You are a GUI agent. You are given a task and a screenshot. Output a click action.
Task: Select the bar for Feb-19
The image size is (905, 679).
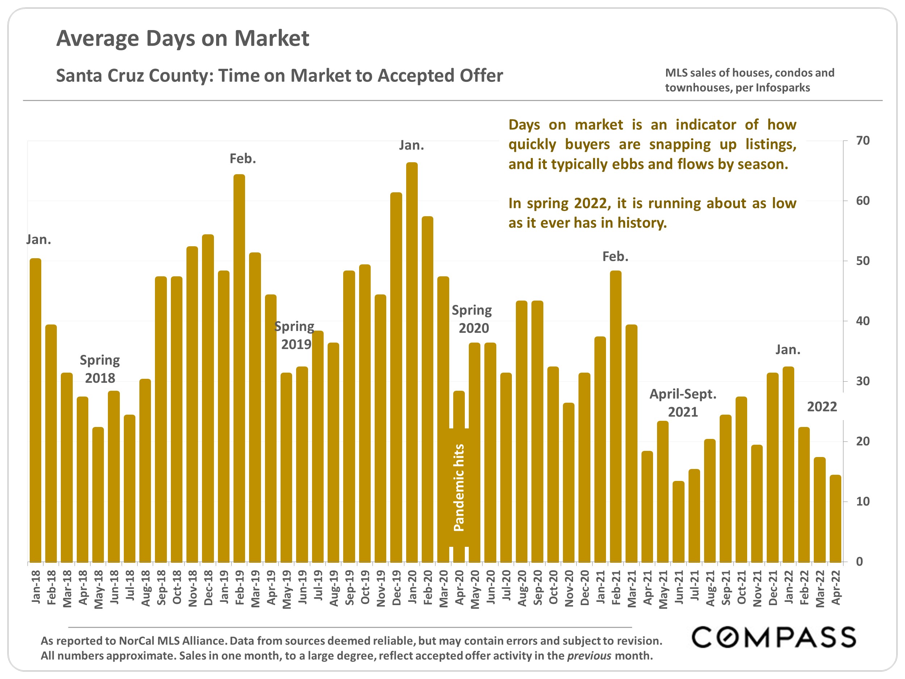click(x=239, y=368)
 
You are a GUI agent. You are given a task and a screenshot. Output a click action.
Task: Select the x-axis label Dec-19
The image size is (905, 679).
click(x=396, y=587)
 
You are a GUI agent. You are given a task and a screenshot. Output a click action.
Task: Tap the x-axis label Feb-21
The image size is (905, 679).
click(x=616, y=587)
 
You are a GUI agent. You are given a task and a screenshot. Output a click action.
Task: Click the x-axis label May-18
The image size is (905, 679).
click(x=98, y=589)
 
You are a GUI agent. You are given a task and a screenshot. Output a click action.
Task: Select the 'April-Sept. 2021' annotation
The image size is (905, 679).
click(x=683, y=403)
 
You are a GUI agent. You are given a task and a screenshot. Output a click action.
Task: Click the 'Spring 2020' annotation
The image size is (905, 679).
click(x=472, y=319)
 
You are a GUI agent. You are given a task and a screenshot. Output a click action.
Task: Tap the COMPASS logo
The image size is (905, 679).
click(x=774, y=637)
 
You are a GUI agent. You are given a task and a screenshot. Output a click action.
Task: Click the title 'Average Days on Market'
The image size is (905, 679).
click(x=182, y=39)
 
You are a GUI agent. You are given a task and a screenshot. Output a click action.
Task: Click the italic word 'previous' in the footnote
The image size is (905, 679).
click(x=589, y=656)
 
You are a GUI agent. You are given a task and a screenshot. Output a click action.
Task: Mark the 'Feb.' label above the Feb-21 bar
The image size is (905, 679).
click(x=615, y=257)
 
